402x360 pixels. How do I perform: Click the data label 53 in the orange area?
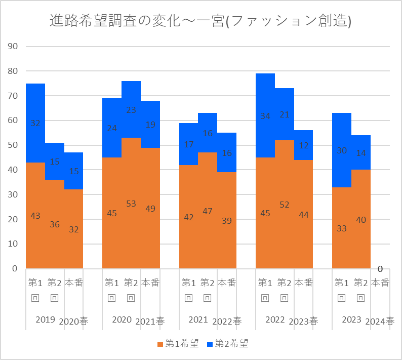click(131, 204)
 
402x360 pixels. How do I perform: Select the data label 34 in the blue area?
click(265, 116)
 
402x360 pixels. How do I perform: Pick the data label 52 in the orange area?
click(284, 205)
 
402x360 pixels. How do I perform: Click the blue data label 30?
click(341, 150)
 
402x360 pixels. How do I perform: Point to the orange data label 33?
click(341, 228)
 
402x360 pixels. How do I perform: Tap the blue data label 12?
click(303, 145)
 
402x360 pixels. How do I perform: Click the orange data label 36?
click(55, 224)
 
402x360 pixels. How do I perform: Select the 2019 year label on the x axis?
click(46, 319)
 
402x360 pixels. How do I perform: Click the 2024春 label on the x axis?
click(380, 321)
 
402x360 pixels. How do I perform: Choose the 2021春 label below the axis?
click(150, 321)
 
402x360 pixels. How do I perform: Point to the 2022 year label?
click(275, 319)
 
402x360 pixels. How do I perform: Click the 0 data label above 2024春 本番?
click(380, 269)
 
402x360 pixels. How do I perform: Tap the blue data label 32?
click(35, 123)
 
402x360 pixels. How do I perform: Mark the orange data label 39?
click(227, 221)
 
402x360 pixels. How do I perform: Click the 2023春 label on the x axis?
click(303, 321)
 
